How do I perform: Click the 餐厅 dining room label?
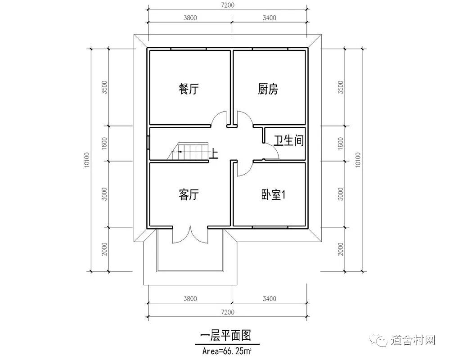point(188,89)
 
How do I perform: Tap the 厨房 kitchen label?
point(268,89)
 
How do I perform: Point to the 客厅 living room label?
point(188,195)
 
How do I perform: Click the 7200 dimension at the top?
point(228,5)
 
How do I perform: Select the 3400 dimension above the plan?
point(269,18)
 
